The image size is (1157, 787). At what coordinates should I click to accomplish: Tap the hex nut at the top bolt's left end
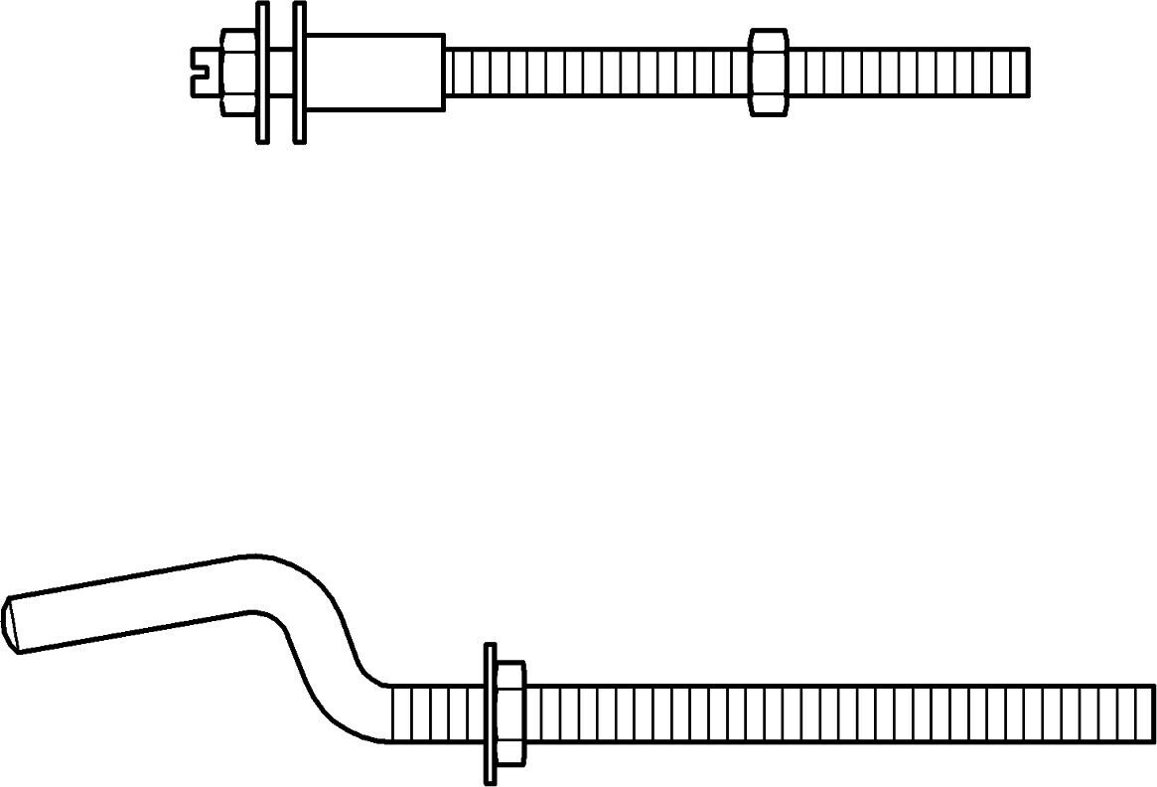click(x=237, y=71)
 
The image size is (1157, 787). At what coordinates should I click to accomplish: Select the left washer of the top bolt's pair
click(x=262, y=72)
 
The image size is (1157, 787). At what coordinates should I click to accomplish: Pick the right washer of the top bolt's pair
click(x=299, y=72)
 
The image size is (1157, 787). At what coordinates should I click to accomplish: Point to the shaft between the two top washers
click(x=281, y=72)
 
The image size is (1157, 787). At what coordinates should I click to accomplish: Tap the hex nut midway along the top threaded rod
click(x=768, y=73)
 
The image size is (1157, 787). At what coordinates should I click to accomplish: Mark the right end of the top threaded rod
click(x=1026, y=73)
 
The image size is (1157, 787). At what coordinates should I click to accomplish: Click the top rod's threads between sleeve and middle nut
click(x=596, y=73)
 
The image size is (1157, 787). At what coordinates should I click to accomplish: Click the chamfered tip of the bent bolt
click(x=12, y=624)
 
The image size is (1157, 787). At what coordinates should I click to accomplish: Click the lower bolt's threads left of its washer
click(x=437, y=713)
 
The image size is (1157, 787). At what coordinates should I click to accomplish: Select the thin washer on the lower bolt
click(x=490, y=713)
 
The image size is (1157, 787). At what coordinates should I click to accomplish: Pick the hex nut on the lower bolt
click(x=509, y=713)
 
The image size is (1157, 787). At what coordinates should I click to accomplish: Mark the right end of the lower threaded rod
click(x=1152, y=713)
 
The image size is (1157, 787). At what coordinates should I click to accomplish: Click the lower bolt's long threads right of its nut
click(x=834, y=713)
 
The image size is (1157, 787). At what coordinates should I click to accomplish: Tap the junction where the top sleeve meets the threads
click(x=444, y=73)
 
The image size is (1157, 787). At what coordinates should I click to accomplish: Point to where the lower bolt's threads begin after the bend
click(x=393, y=713)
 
